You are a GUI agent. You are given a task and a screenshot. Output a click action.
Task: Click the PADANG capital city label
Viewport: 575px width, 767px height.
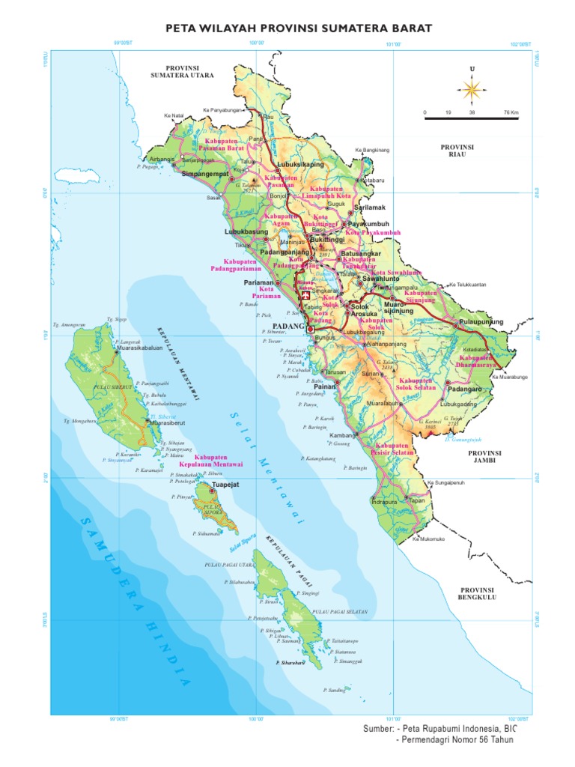click(x=290, y=327)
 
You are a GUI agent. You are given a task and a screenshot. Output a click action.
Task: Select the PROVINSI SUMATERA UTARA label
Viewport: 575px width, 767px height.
click(x=182, y=72)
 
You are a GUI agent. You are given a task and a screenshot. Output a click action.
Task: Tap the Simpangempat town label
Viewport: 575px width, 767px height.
click(x=204, y=174)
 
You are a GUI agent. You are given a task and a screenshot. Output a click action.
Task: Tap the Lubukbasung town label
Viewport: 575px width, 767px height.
click(x=246, y=232)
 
